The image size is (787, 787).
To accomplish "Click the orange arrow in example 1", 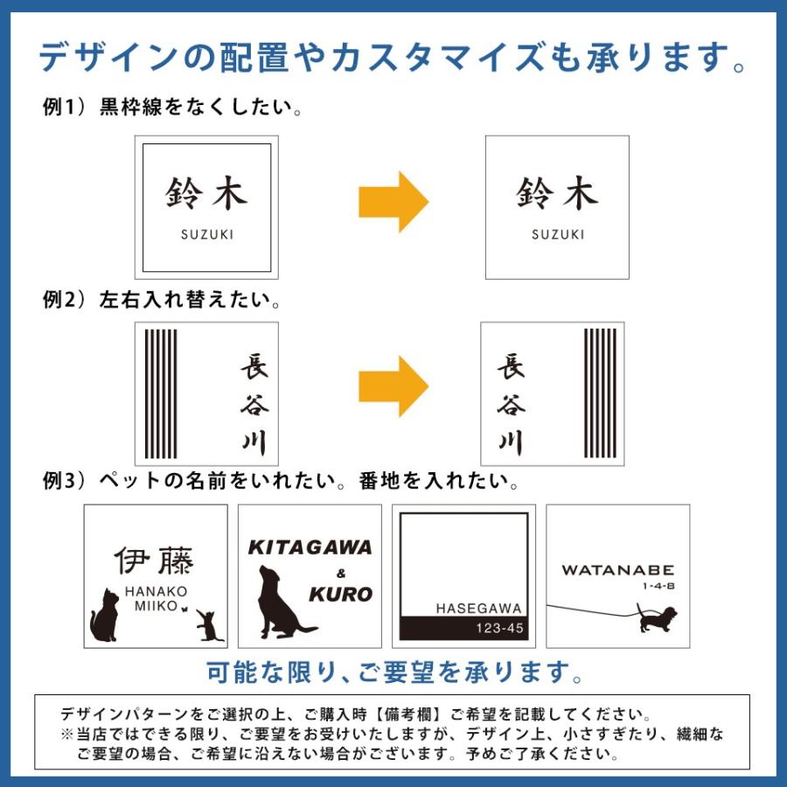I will (x=393, y=202).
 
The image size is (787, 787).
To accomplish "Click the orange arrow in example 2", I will (x=393, y=387).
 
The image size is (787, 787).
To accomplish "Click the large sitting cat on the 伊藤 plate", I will (x=106, y=616).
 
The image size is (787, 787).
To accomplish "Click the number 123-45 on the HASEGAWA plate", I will (x=499, y=628).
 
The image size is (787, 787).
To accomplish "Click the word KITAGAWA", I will (x=310, y=548).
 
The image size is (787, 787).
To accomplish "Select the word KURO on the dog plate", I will (x=340, y=595).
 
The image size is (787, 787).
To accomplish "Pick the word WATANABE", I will (x=618, y=570).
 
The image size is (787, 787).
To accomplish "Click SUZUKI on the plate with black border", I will (x=207, y=234).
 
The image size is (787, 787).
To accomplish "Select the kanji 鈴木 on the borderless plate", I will (x=557, y=194).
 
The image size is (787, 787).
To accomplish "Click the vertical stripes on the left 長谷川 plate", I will (x=160, y=393).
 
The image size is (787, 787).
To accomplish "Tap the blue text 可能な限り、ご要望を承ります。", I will (x=393, y=672).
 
